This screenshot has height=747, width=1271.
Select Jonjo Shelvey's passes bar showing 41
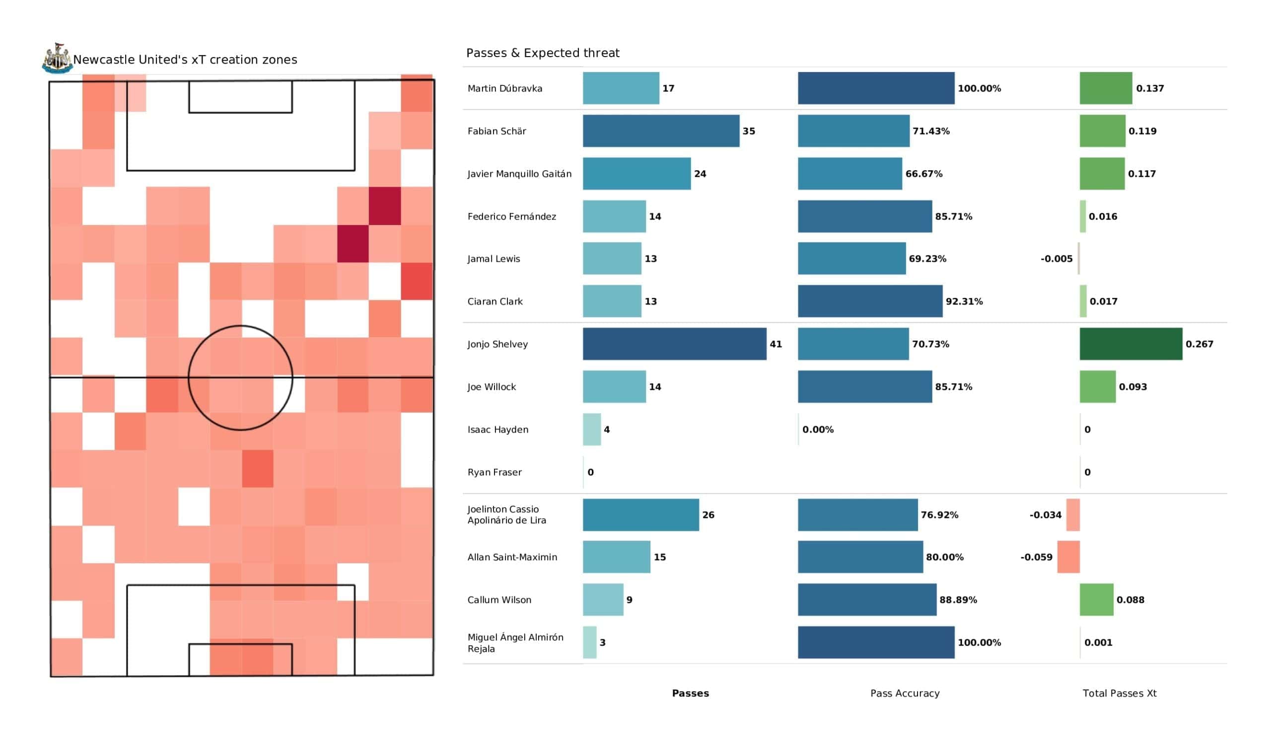pyautogui.click(x=674, y=344)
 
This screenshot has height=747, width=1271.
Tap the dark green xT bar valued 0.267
pyautogui.click(x=1131, y=344)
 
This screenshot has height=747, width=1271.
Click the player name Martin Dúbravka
pyautogui.click(x=505, y=88)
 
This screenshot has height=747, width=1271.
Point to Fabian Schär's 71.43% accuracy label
pyautogui.click(x=931, y=131)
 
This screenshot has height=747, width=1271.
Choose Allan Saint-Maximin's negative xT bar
pyautogui.click(x=1068, y=557)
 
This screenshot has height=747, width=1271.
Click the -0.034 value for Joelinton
pyautogui.click(x=1046, y=515)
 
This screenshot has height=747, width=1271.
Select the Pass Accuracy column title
pyautogui.click(x=905, y=693)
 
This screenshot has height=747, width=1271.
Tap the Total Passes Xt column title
pyautogui.click(x=1120, y=693)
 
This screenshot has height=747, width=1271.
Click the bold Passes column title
pyautogui.click(x=691, y=693)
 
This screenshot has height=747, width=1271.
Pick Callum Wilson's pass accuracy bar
pyautogui.click(x=867, y=599)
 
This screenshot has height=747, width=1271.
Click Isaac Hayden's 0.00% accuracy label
pyautogui.click(x=818, y=430)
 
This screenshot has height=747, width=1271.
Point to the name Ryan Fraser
pyautogui.click(x=494, y=472)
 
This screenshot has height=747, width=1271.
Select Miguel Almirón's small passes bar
pyautogui.click(x=590, y=643)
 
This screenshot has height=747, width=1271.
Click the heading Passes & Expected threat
pyautogui.click(x=543, y=53)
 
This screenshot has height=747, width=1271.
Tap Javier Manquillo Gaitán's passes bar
pyautogui.click(x=637, y=174)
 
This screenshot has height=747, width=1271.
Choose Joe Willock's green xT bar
pyautogui.click(x=1098, y=386)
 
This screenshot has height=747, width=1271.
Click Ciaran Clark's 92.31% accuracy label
pyautogui.click(x=964, y=301)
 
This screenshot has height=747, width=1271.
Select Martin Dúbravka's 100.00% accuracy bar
pyautogui.click(x=876, y=88)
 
